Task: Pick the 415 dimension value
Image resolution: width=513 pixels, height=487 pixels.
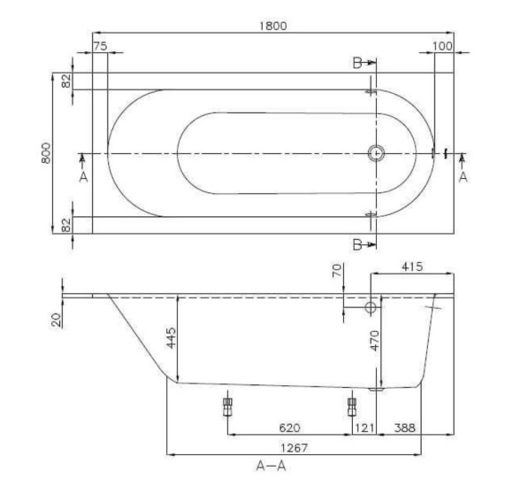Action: pyautogui.click(x=413, y=265)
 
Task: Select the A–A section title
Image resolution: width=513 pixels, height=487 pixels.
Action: pyautogui.click(x=271, y=466)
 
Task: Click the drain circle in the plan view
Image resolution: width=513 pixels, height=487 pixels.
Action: pyautogui.click(x=376, y=153)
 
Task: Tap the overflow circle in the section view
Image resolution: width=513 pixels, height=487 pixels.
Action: pyautogui.click(x=371, y=307)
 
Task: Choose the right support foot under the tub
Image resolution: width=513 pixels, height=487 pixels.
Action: pyautogui.click(x=352, y=406)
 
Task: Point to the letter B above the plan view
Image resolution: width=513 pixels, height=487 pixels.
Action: pyautogui.click(x=357, y=64)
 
